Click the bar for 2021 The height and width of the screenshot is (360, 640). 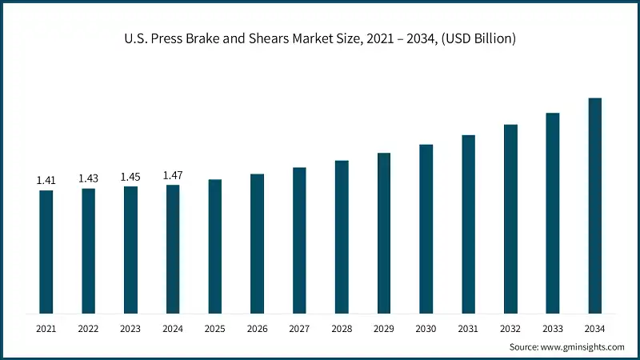point(46,251)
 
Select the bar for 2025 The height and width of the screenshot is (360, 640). point(215,246)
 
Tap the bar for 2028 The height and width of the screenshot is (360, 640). point(342,237)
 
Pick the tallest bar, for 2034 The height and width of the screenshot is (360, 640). point(594,206)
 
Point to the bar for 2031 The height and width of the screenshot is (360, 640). point(468,224)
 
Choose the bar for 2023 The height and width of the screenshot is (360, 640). point(130,250)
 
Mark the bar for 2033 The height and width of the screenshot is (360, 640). point(553,213)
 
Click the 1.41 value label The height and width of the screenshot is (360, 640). point(46,181)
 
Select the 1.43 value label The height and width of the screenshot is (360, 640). point(88,178)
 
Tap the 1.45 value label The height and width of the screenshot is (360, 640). point(130,177)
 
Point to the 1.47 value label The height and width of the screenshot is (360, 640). point(173,175)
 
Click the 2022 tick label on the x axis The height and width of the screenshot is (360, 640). point(88,329)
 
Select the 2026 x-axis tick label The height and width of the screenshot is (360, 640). point(257,329)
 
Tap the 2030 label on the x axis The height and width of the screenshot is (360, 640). point(426,329)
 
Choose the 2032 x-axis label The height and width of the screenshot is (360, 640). point(510,329)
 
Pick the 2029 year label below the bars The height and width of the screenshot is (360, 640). point(384,329)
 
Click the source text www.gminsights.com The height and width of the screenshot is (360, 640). point(583,347)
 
